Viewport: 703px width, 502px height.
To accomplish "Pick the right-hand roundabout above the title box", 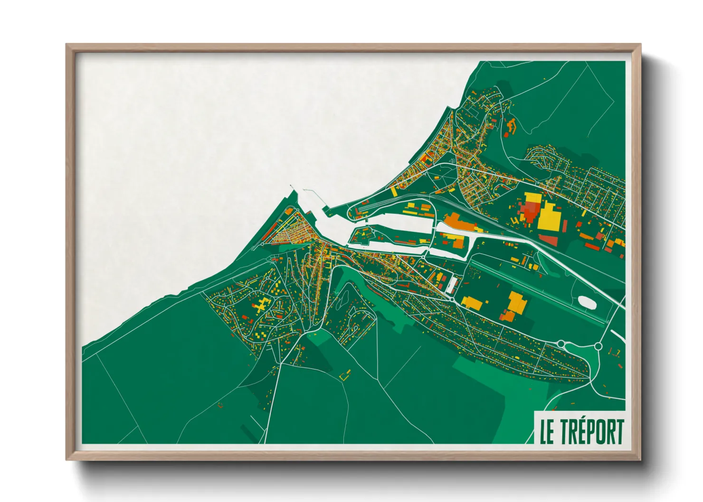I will click(x=598, y=346).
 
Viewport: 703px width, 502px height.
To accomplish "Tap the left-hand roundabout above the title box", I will click(x=561, y=344).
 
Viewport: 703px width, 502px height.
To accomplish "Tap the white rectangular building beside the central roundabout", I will click(x=451, y=285).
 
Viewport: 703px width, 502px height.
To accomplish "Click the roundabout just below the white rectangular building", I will click(x=450, y=299).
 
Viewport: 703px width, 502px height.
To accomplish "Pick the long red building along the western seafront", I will click(x=268, y=232).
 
